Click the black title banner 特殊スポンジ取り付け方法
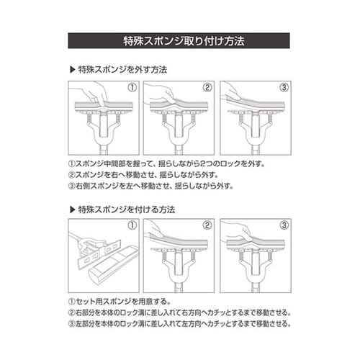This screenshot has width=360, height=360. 180,40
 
